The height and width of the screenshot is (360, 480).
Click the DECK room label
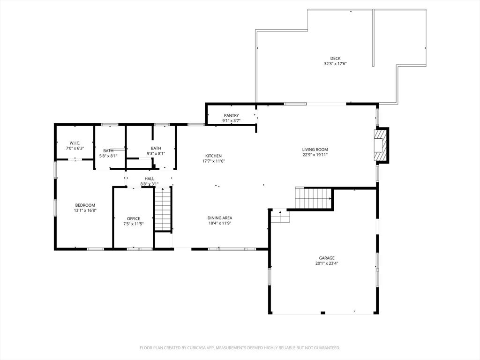[335, 58]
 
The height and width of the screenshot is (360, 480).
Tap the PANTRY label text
[231, 115]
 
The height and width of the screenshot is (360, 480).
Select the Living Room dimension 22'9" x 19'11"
[315, 155]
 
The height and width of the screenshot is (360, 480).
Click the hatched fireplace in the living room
[381, 145]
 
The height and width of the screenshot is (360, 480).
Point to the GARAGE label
[327, 258]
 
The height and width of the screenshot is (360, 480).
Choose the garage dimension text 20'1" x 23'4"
[327, 263]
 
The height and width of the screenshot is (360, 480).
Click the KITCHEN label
[213, 156]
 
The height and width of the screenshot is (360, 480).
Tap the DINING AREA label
[220, 218]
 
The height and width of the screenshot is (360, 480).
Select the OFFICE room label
[134, 218]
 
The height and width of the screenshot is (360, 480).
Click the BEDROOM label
[85, 205]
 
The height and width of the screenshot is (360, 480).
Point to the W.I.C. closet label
[75, 143]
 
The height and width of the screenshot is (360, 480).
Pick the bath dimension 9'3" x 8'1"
[156, 154]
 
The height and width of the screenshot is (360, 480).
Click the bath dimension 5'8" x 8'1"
[108, 156]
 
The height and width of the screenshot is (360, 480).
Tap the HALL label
[150, 179]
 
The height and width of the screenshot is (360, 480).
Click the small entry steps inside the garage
[281, 216]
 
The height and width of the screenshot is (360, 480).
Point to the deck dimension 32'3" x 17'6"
[335, 64]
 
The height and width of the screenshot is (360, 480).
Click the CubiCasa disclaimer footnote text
[240, 348]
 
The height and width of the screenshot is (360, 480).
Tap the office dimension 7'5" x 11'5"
[134, 224]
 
